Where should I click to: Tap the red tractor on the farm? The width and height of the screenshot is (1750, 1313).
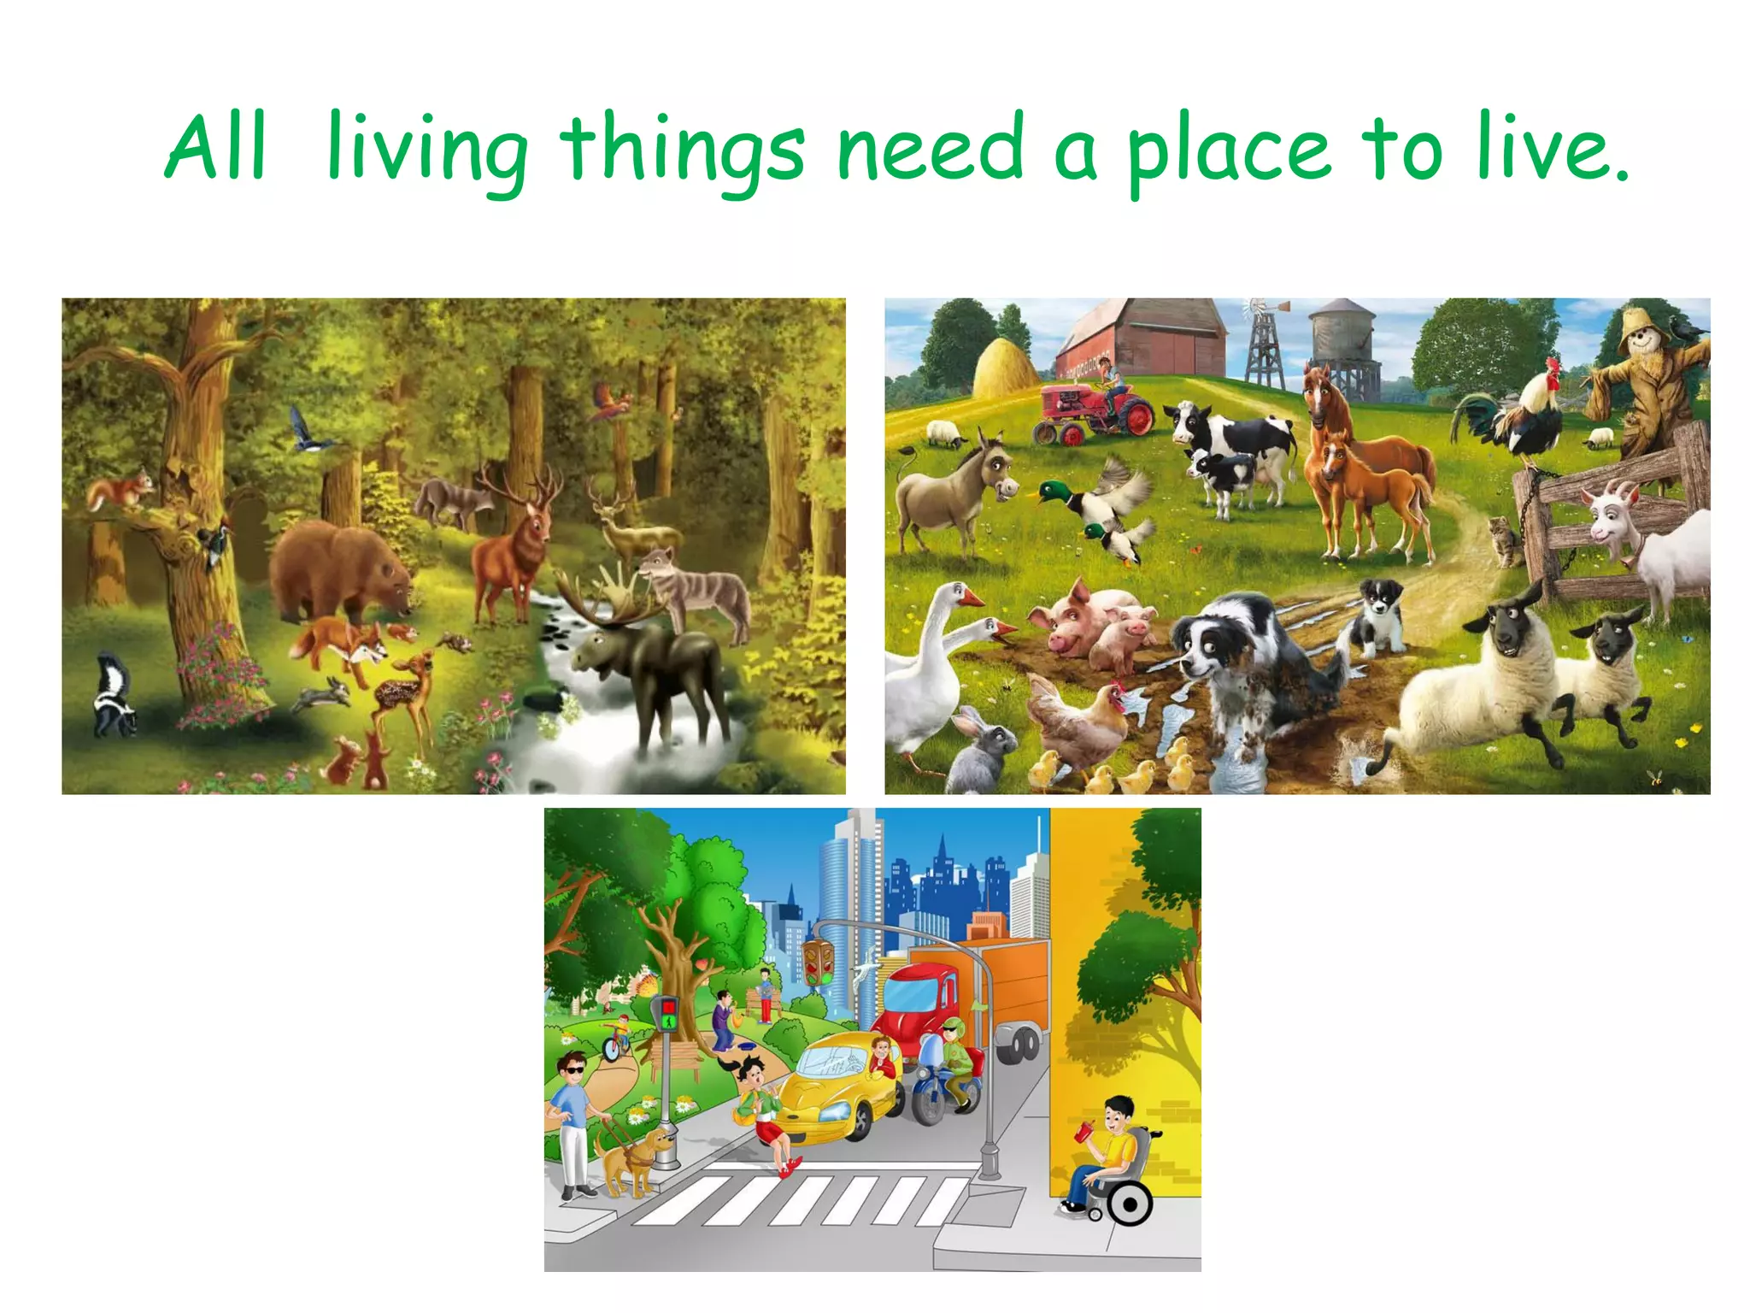[x=1094, y=413]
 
